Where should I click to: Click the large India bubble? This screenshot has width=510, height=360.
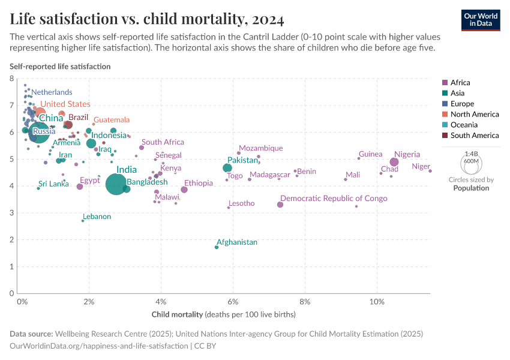pyautogui.click(x=115, y=184)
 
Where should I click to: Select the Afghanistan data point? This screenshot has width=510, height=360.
pyautogui.click(x=217, y=247)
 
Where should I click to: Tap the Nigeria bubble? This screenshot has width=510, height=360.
pyautogui.click(x=394, y=162)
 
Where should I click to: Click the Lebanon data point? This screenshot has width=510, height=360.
pyautogui.click(x=83, y=221)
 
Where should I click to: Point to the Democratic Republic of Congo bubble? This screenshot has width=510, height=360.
pyautogui.click(x=280, y=205)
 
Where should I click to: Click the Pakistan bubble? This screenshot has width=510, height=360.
pyautogui.click(x=227, y=168)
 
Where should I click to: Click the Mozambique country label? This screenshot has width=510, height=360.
pyautogui.click(x=260, y=148)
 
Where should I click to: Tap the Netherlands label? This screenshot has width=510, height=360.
pyautogui.click(x=52, y=92)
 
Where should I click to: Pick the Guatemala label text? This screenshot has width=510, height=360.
pyautogui.click(x=112, y=120)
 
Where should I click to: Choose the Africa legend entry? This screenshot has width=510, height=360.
pyautogui.click(x=460, y=83)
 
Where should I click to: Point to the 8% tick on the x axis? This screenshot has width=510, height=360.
pyautogui.click(x=305, y=301)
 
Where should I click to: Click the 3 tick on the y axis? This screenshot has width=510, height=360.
pyautogui.click(x=11, y=213)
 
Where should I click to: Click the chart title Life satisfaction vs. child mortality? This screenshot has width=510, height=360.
pyautogui.click(x=147, y=20)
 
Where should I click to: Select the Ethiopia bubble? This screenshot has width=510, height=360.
pyautogui.click(x=184, y=190)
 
